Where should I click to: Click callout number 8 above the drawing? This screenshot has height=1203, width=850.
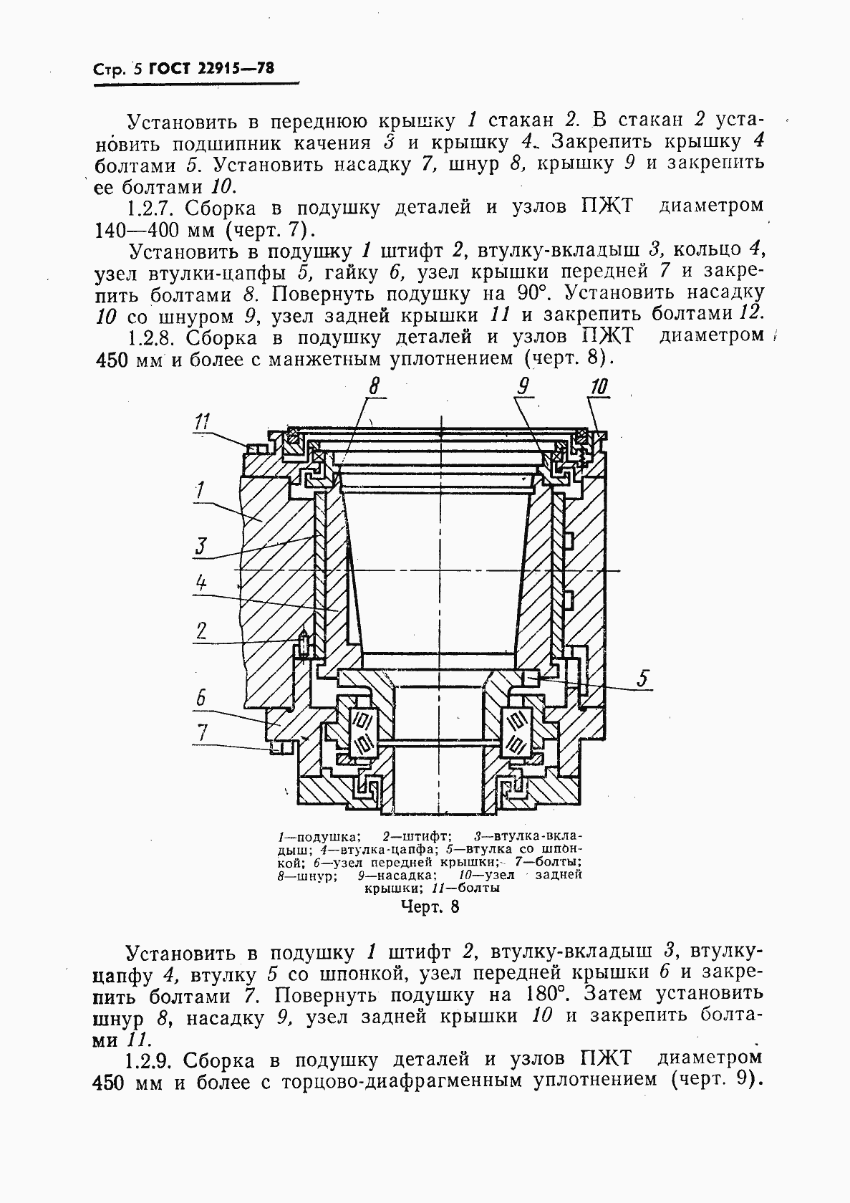click(374, 387)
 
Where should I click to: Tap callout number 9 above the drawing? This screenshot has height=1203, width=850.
click(523, 387)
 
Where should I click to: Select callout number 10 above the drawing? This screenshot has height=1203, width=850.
click(599, 387)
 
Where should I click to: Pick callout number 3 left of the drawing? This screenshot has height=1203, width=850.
click(200, 546)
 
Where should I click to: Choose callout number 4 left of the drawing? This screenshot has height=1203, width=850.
click(201, 584)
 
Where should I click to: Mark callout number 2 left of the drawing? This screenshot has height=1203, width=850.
click(201, 631)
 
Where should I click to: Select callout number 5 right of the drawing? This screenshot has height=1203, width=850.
click(644, 677)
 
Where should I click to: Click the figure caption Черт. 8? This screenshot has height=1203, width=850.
click(429, 907)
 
